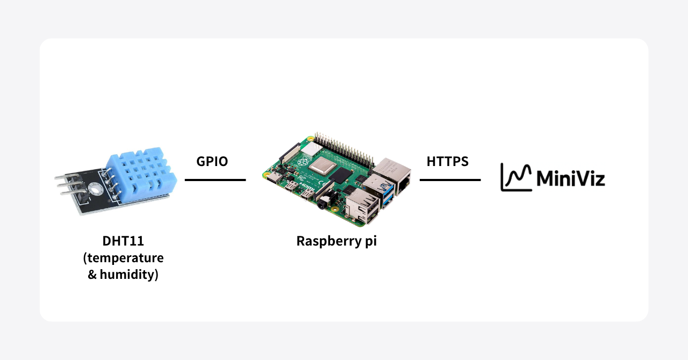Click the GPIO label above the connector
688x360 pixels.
[212, 161]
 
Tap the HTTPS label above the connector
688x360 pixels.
[447, 161]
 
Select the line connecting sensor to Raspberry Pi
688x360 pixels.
[215, 180]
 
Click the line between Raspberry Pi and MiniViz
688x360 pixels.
[450, 180]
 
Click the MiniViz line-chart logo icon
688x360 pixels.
[516, 177]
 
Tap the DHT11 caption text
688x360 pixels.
[123, 241]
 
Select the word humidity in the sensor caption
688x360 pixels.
[128, 276]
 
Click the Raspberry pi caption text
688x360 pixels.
[336, 241]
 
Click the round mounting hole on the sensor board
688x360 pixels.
[97, 188]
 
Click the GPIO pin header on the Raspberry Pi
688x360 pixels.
[344, 147]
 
